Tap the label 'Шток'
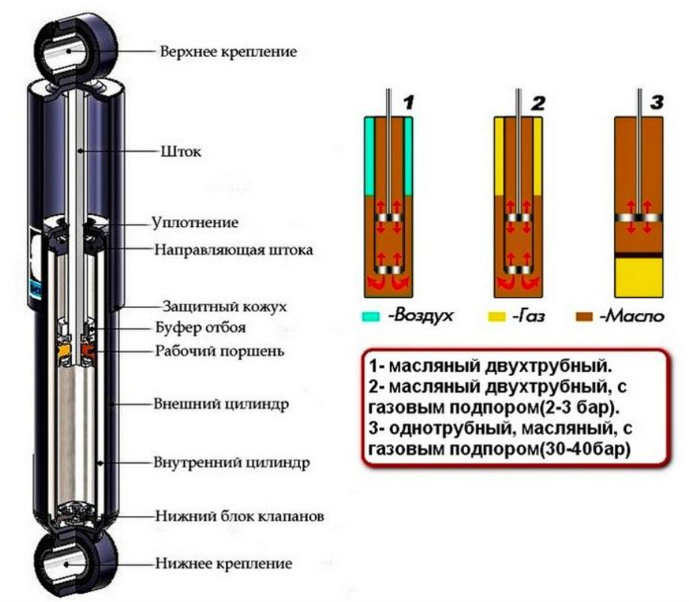coord(181,151)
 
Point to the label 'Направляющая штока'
coord(233,249)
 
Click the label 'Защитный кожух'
coord(224,306)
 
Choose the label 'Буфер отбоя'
coord(200,328)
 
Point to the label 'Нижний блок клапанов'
coord(239,517)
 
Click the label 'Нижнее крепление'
coord(223,563)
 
